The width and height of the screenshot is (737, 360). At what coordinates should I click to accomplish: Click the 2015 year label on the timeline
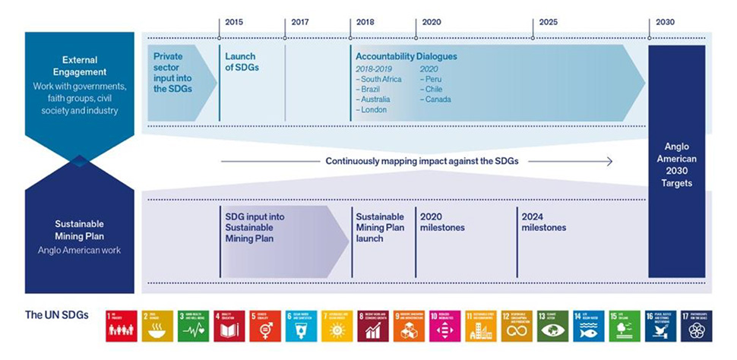234,22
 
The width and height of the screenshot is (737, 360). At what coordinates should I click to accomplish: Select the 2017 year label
300,22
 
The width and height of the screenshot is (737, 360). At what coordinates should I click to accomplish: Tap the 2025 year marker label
548,22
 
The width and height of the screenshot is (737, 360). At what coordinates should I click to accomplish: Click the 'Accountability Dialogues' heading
406,56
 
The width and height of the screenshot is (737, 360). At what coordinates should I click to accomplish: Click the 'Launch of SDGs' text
240,62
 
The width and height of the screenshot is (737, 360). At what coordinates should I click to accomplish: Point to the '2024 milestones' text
543,222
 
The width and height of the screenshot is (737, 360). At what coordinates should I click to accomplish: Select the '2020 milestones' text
442,222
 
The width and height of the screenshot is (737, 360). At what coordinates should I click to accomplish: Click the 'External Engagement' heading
79,65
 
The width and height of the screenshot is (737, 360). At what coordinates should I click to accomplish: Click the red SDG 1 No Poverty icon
122,326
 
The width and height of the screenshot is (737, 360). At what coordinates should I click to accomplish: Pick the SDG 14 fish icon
588,326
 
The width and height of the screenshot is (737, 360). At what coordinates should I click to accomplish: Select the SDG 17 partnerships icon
694,326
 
